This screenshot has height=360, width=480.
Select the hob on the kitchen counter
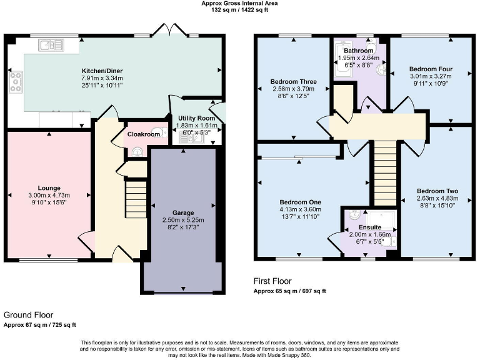click(16, 79)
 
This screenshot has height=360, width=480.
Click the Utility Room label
click(197, 117)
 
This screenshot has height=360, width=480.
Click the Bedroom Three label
click(292, 81)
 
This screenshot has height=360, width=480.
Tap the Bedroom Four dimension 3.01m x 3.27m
click(430, 76)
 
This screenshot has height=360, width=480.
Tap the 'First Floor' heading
click(272, 281)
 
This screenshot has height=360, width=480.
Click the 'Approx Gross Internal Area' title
click(239, 3)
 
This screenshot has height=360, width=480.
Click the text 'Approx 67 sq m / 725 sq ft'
click(40, 324)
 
